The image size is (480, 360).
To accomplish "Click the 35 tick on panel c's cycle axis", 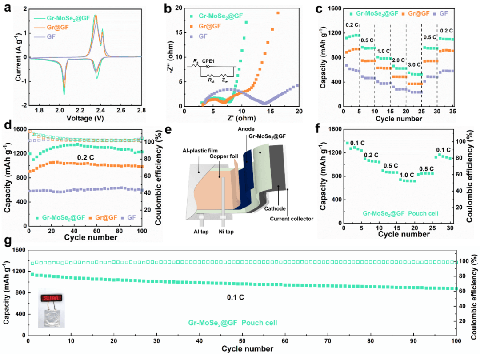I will point(453,110).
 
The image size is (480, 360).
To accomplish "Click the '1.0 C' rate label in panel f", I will point(407,174).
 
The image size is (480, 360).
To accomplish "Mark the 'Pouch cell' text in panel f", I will point(425,213).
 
